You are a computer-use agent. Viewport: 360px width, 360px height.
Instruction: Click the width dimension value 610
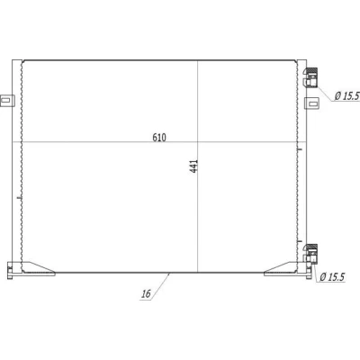click(159, 138)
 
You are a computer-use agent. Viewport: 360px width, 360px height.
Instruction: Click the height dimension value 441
click(194, 166)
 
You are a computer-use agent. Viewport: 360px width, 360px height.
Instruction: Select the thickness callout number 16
click(146, 293)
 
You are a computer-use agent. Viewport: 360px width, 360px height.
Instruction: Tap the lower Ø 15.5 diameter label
click(332, 277)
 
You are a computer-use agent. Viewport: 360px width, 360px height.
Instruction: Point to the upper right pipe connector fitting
click(310, 77)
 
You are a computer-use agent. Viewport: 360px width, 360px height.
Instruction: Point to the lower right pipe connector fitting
click(310, 254)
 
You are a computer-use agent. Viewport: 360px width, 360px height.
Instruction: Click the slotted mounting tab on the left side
click(7, 100)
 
